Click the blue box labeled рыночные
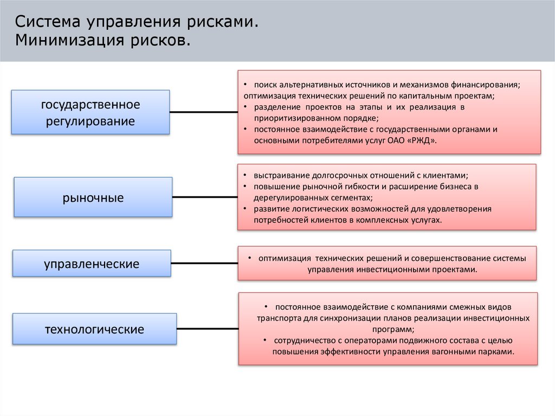coord(93,197)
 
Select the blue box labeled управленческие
coord(92,264)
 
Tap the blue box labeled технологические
coord(94,329)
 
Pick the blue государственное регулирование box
coord(91,112)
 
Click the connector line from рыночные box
coord(204,196)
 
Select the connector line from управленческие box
coord(204,264)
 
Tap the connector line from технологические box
coord(207,329)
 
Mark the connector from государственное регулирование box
coord(203,112)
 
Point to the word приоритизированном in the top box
coord(293,118)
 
